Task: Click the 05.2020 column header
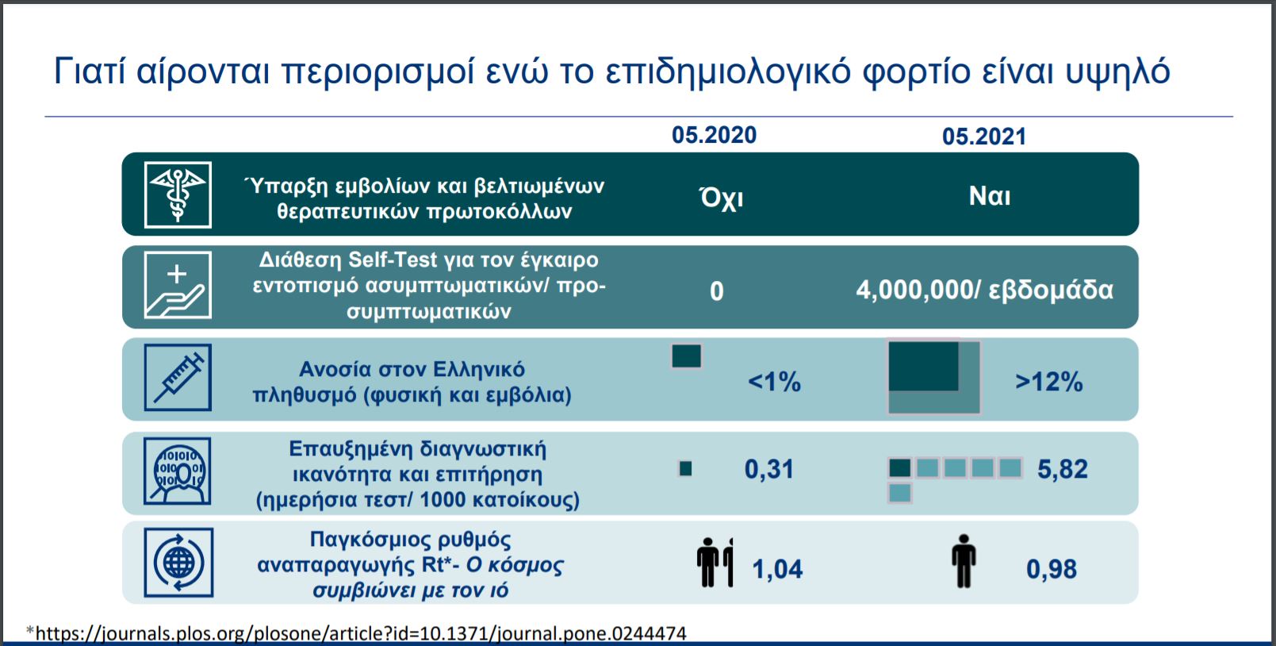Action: [x=714, y=135]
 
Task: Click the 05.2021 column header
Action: [x=984, y=137]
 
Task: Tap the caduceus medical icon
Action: [x=178, y=195]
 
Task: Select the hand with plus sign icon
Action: [x=178, y=285]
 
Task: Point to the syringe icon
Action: [x=178, y=378]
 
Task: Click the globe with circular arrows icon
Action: [x=178, y=563]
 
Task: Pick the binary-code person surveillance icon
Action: [x=177, y=471]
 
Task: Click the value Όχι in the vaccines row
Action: [x=721, y=198]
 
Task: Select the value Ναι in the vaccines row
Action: [x=990, y=196]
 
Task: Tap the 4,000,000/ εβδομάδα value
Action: [x=984, y=290]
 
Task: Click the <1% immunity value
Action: [x=774, y=382]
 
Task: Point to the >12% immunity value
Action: [x=1048, y=382]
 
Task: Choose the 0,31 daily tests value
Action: [x=769, y=469]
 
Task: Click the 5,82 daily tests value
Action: [x=1063, y=469]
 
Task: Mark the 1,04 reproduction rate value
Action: [x=777, y=569]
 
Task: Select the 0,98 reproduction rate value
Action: [x=1051, y=569]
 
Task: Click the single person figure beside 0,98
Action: [x=964, y=561]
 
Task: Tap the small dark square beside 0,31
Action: [x=685, y=469]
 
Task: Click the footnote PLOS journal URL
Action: [x=357, y=633]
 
